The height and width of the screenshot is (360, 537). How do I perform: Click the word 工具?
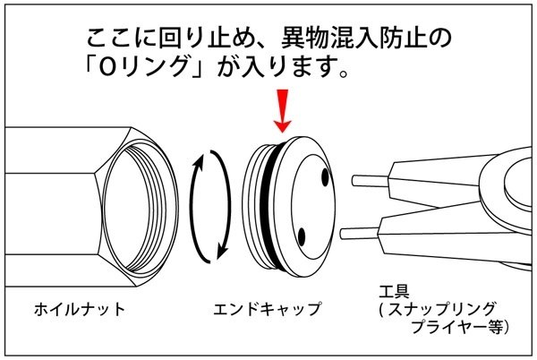[393, 293]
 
